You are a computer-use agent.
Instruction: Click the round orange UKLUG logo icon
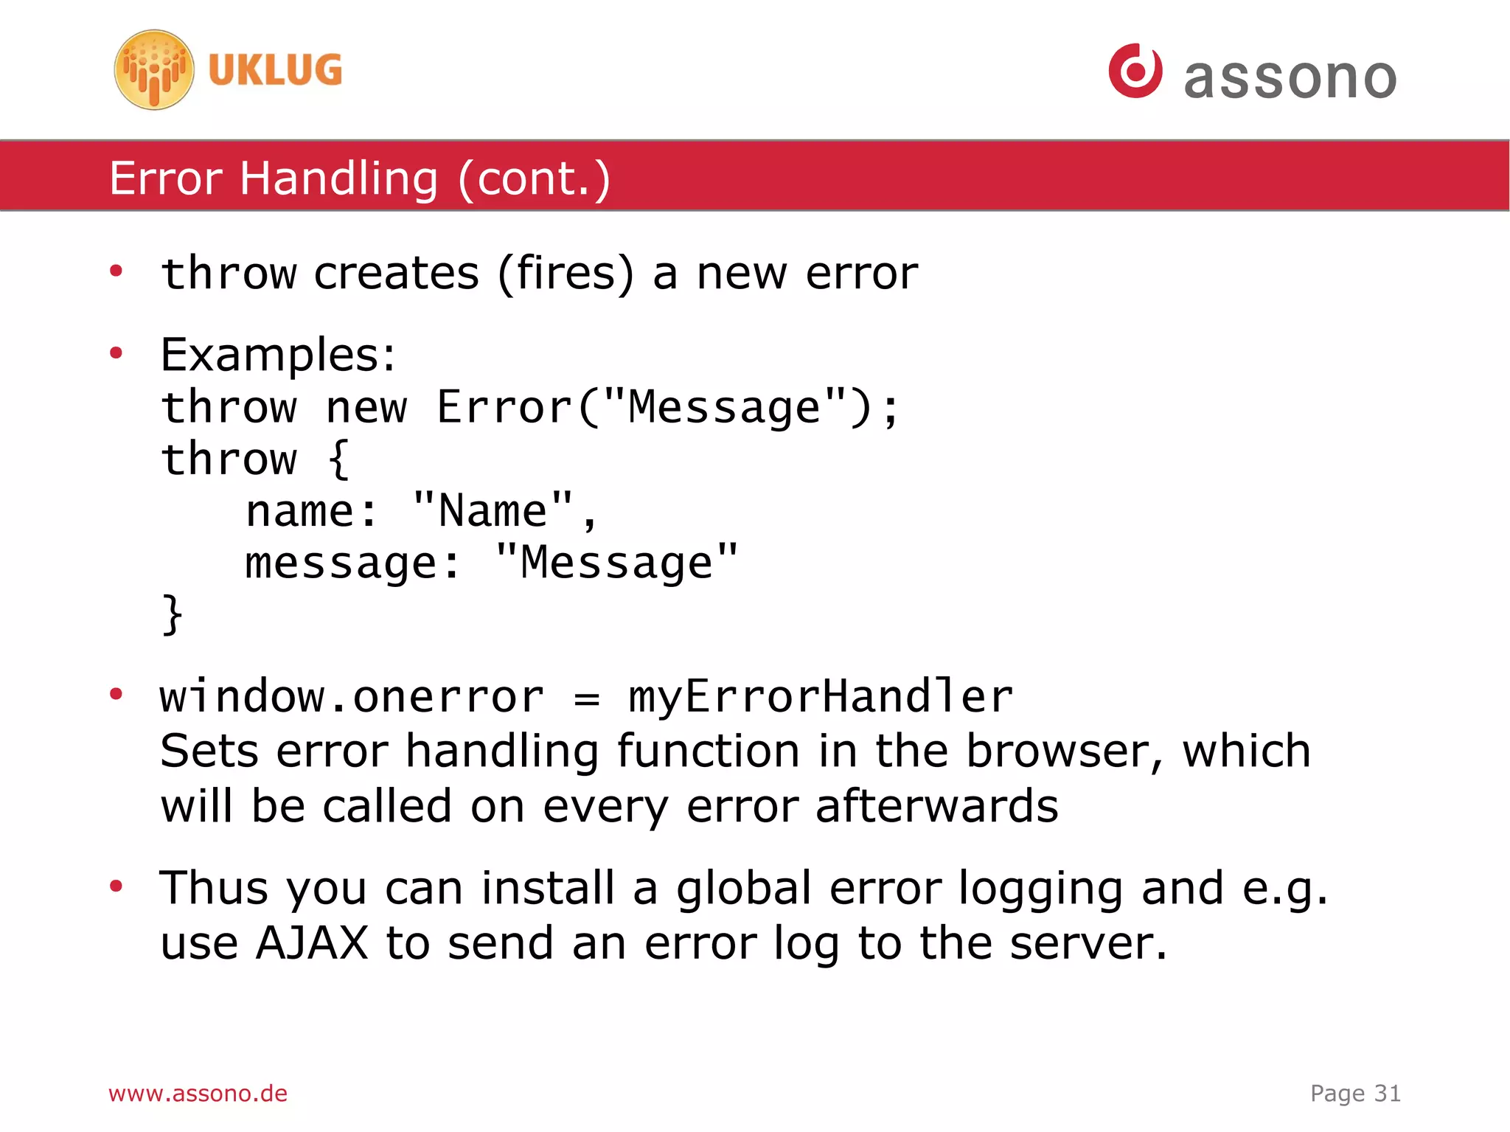[x=154, y=70]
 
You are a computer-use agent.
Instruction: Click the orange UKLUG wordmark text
[x=275, y=70]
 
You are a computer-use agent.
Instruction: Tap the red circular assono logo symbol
[x=1135, y=71]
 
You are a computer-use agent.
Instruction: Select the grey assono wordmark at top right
[x=1290, y=77]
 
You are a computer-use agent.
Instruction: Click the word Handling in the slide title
[x=338, y=178]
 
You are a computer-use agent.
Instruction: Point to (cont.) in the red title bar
[x=534, y=178]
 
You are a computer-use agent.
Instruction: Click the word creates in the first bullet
[x=397, y=274]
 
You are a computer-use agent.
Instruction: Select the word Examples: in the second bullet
[x=278, y=355]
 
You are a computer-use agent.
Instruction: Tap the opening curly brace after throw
[x=338, y=459]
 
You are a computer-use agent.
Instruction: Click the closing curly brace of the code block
[x=172, y=614]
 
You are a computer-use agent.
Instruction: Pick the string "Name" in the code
[x=493, y=511]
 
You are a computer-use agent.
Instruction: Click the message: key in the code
[x=352, y=563]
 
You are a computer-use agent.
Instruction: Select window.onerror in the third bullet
[x=352, y=697]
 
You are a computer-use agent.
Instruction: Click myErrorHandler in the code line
[x=821, y=697]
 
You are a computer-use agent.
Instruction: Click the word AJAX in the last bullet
[x=312, y=943]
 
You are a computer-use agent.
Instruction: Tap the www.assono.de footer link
[x=198, y=1093]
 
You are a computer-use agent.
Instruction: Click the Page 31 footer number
[x=1355, y=1093]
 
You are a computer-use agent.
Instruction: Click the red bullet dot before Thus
[x=116, y=886]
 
